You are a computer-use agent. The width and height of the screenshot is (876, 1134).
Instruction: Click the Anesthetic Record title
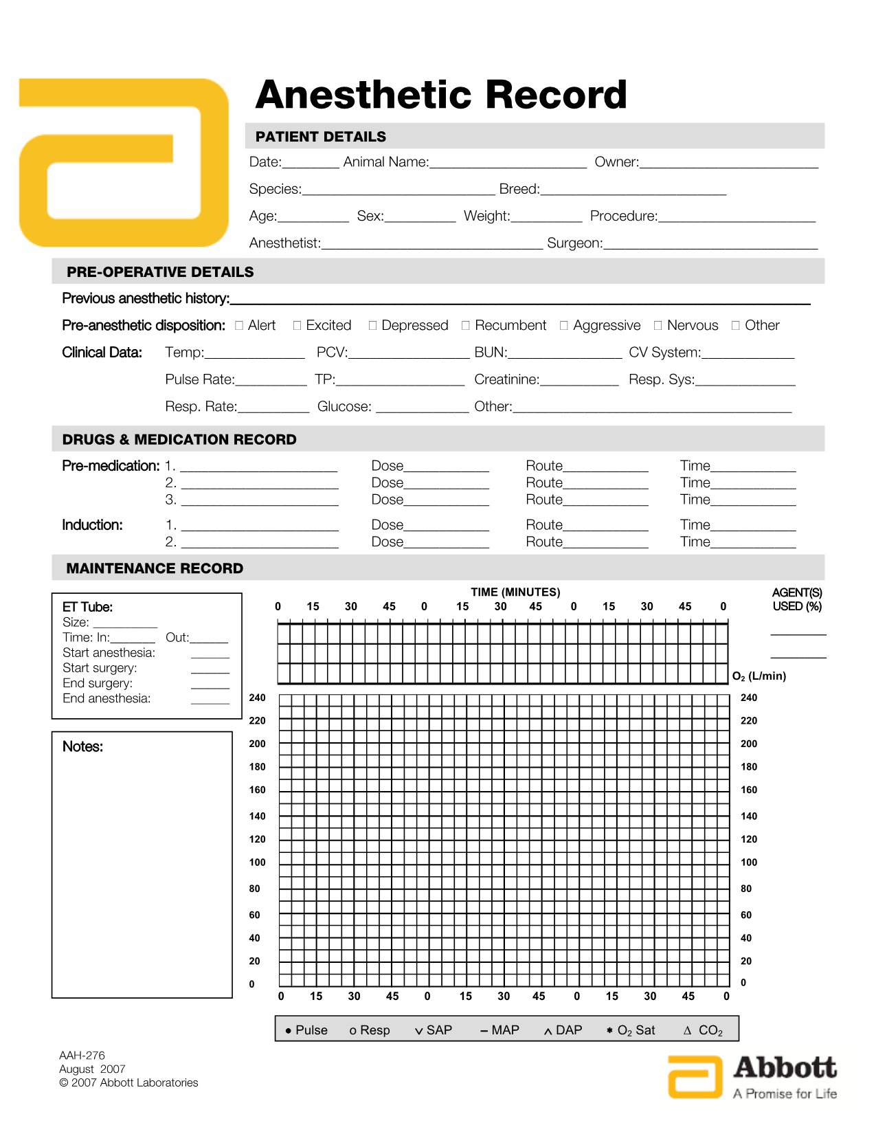(x=440, y=95)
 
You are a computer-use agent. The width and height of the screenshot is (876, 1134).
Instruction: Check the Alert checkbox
(x=239, y=326)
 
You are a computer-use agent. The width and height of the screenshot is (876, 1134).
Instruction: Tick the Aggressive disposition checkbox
(x=564, y=326)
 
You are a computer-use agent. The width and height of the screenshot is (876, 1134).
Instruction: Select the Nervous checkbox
(x=658, y=326)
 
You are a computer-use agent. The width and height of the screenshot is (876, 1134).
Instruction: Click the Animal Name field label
(x=385, y=162)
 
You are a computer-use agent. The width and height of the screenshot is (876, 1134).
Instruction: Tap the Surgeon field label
(x=574, y=243)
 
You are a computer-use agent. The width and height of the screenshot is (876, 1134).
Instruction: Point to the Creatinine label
(x=506, y=379)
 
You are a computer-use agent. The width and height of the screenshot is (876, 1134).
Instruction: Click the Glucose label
(x=344, y=407)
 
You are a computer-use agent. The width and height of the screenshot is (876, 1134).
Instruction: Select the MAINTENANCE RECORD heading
(x=155, y=568)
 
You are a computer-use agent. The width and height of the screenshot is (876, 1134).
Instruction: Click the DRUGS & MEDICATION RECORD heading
(x=179, y=440)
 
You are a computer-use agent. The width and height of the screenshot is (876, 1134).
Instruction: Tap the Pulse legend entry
(x=306, y=1030)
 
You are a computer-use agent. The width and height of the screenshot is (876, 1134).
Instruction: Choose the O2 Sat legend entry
(x=631, y=1030)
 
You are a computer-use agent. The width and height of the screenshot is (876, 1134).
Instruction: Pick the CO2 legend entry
(x=704, y=1030)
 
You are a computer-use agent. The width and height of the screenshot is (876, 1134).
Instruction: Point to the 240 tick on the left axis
(x=257, y=698)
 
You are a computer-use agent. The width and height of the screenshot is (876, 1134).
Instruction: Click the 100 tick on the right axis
(x=749, y=863)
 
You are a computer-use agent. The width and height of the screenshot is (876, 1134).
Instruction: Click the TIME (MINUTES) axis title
(x=515, y=592)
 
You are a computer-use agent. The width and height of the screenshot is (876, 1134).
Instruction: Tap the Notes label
(x=82, y=747)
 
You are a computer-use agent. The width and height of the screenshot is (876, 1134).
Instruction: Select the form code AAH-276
(x=82, y=1056)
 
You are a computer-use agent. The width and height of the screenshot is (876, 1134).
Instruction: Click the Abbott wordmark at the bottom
(x=785, y=1068)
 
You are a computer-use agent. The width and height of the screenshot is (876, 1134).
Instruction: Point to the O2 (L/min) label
(x=759, y=676)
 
